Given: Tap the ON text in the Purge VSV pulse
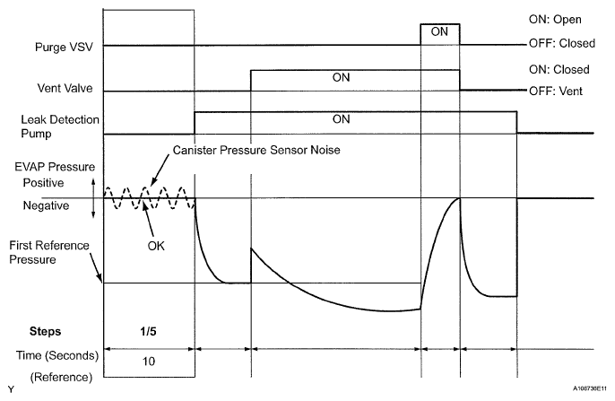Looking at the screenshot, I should pyautogui.click(x=439, y=31).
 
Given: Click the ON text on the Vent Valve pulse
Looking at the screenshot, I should pyautogui.click(x=341, y=77).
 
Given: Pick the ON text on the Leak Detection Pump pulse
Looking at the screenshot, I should pyautogui.click(x=341, y=118).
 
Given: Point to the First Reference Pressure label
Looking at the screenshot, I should pyautogui.click(x=47, y=251).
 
